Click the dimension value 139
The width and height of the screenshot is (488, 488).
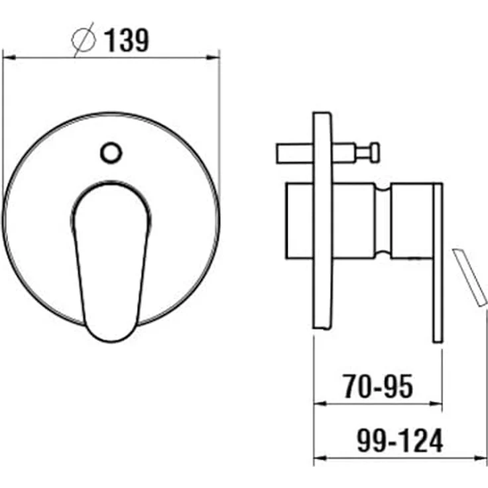[x=127, y=40]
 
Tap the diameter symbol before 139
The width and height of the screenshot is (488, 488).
[x=84, y=40]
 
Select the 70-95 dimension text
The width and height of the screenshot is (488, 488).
[x=378, y=387]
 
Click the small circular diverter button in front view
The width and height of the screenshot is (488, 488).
[x=111, y=152]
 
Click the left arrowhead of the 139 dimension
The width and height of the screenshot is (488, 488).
[x=9, y=58]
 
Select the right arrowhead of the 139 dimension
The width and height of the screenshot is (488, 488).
[x=213, y=58]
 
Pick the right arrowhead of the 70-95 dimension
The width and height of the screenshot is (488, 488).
[x=436, y=404]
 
